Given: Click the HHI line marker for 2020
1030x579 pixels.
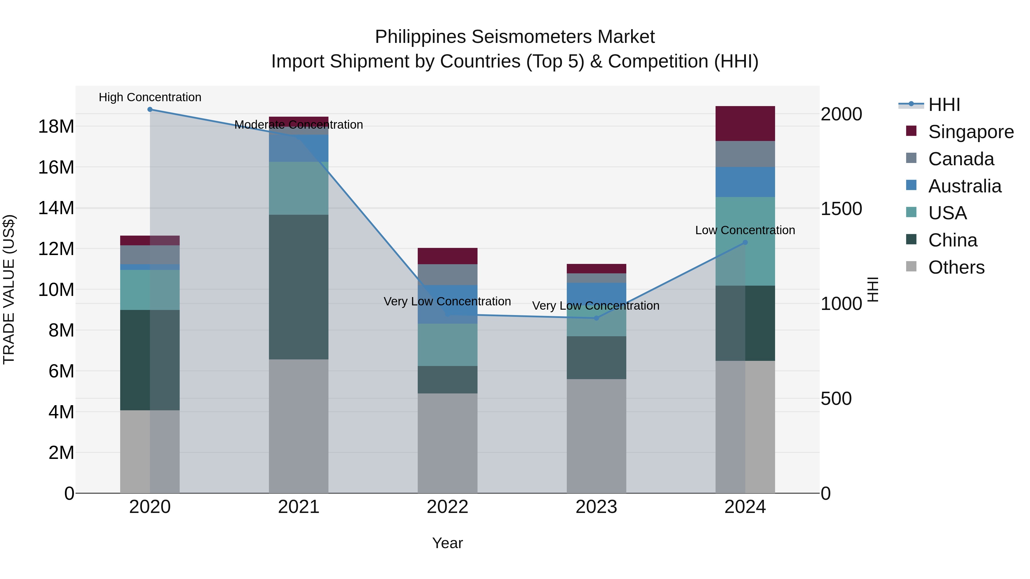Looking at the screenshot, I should pyautogui.click(x=150, y=110).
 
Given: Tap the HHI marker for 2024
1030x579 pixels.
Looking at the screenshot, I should pyautogui.click(x=745, y=242).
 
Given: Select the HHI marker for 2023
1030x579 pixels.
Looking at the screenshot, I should pyautogui.click(x=596, y=318).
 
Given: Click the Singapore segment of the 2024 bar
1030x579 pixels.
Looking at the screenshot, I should pyautogui.click(x=745, y=124).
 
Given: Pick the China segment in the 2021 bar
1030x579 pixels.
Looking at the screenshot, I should pyautogui.click(x=299, y=287).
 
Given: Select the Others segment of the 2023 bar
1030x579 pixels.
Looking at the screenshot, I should pyautogui.click(x=596, y=435).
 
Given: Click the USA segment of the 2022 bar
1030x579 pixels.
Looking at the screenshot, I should pyautogui.click(x=447, y=345).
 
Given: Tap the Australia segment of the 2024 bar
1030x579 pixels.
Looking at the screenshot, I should pyautogui.click(x=745, y=182).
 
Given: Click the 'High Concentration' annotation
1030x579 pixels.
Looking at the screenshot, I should pyautogui.click(x=150, y=97).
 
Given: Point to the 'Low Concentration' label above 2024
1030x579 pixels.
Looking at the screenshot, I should pyautogui.click(x=745, y=230).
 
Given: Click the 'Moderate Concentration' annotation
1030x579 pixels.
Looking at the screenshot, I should pyautogui.click(x=299, y=125).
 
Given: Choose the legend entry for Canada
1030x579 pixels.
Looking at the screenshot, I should pyautogui.click(x=961, y=159).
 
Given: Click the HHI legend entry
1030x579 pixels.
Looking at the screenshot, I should pyautogui.click(x=944, y=105).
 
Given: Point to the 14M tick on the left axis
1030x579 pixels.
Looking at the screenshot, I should pyautogui.click(x=56, y=208).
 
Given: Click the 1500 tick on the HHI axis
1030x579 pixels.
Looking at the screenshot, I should pyautogui.click(x=841, y=209).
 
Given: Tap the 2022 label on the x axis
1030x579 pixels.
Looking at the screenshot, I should pyautogui.click(x=447, y=507).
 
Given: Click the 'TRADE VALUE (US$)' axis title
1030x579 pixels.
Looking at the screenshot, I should pyautogui.click(x=9, y=289).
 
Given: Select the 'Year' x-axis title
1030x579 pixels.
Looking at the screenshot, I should pyautogui.click(x=447, y=543).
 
